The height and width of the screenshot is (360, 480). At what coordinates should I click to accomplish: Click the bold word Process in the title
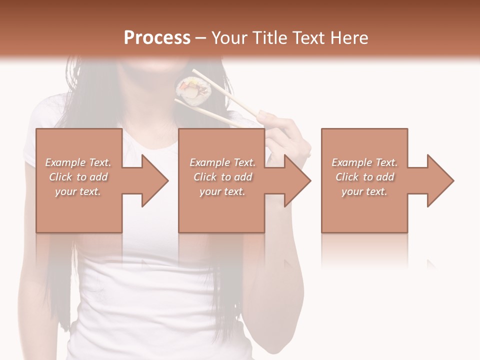tap(157, 38)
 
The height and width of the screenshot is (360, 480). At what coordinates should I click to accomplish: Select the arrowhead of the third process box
tap(439, 180)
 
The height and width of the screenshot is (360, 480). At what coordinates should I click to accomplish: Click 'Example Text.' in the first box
tap(78, 162)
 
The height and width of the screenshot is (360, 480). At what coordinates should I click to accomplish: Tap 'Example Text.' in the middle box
tap(222, 162)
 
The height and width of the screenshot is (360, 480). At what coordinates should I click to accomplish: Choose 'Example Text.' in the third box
tap(364, 162)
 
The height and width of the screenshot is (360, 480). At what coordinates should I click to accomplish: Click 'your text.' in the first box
tap(78, 191)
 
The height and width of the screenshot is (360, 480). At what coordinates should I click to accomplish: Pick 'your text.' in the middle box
tap(222, 191)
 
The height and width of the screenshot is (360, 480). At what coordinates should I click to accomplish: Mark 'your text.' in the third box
tap(364, 191)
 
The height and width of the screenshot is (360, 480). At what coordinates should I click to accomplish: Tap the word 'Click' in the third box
tap(347, 177)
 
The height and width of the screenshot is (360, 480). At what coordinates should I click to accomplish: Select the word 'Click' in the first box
tap(60, 177)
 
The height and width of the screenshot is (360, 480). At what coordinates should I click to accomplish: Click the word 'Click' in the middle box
tap(205, 177)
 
